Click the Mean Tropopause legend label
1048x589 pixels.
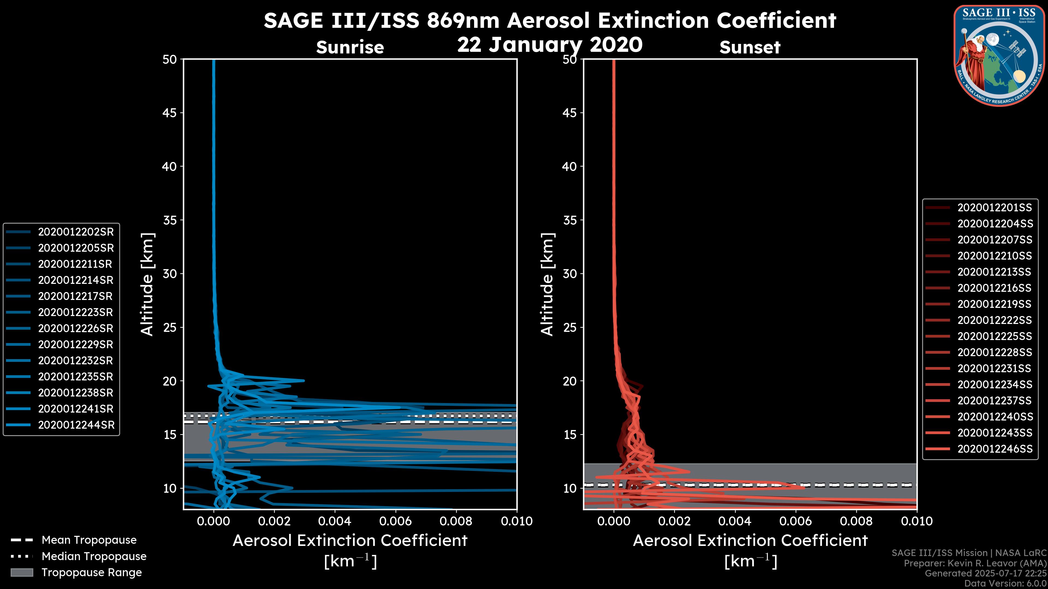point(89,540)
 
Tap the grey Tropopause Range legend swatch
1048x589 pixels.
point(22,572)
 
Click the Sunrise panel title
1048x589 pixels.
point(350,47)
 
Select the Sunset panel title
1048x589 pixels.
point(750,47)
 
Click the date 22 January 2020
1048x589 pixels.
point(550,45)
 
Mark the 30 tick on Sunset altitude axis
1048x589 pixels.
point(570,274)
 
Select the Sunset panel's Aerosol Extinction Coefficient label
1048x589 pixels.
point(750,541)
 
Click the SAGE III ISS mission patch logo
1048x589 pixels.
point(999,55)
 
